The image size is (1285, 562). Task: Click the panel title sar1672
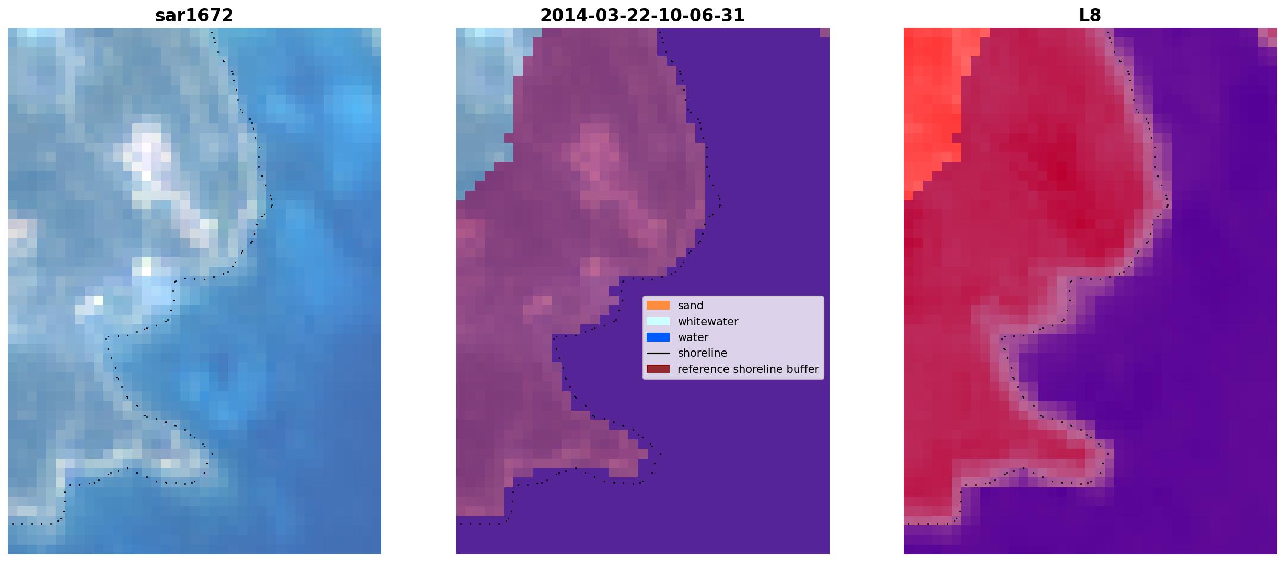coord(194,16)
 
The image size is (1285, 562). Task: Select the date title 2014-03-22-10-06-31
coord(642,16)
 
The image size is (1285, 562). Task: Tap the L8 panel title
coord(1090,16)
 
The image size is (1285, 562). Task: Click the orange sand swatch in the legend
coord(658,306)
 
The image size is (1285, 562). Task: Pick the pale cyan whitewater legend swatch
coord(658,321)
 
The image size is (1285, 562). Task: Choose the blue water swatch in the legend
coord(658,337)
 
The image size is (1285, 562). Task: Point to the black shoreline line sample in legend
coord(658,354)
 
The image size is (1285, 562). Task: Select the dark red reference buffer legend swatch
coord(658,369)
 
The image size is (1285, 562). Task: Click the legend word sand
coord(691,306)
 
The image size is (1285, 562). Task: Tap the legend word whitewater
coord(708,322)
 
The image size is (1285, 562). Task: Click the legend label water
coord(693,337)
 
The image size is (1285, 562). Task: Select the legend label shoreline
coord(703,353)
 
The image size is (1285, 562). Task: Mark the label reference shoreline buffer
coord(748,369)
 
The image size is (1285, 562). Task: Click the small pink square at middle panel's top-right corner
coord(825,32)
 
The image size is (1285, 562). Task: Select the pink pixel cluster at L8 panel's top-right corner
coord(1268,37)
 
